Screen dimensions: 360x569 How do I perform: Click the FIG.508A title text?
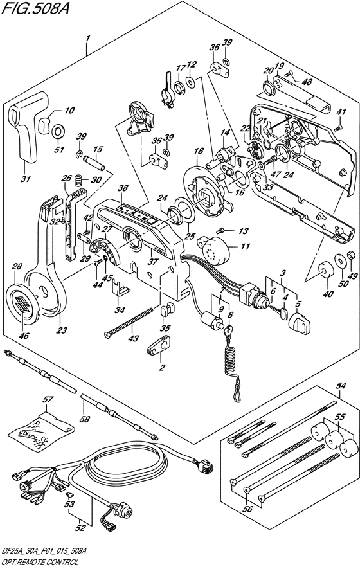pyautogui.click(x=35, y=8)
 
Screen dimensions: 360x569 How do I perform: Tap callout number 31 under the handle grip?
pyautogui.click(x=26, y=179)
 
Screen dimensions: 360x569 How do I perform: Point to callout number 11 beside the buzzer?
pyautogui.click(x=246, y=247)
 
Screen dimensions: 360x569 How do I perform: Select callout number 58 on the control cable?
pyautogui.click(x=85, y=419)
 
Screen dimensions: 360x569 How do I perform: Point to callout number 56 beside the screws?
pyautogui.click(x=248, y=509)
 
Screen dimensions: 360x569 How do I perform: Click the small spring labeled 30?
pyautogui.click(x=77, y=179)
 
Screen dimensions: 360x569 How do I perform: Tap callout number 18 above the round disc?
pyautogui.click(x=199, y=151)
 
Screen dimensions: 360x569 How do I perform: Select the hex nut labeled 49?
pyautogui.click(x=351, y=255)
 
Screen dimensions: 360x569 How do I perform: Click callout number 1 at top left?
pyautogui.click(x=87, y=38)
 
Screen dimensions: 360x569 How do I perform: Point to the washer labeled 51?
pyautogui.click(x=58, y=131)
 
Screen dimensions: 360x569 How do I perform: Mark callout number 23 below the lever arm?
pyautogui.click(x=62, y=330)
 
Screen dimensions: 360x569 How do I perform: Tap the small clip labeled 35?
pyautogui.click(x=165, y=311)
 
